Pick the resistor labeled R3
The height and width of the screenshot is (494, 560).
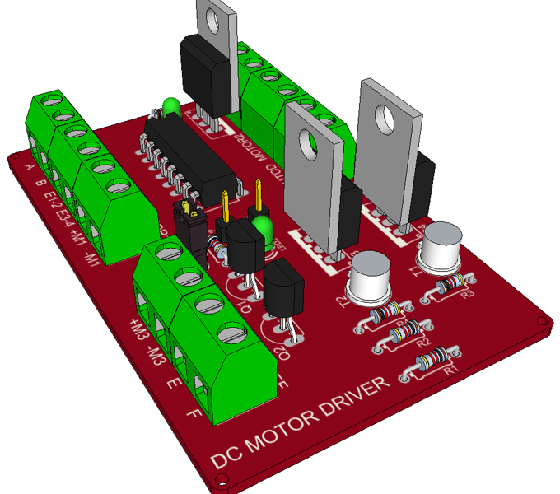click(x=452, y=285)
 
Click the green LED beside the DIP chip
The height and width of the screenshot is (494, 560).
click(x=171, y=107)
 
